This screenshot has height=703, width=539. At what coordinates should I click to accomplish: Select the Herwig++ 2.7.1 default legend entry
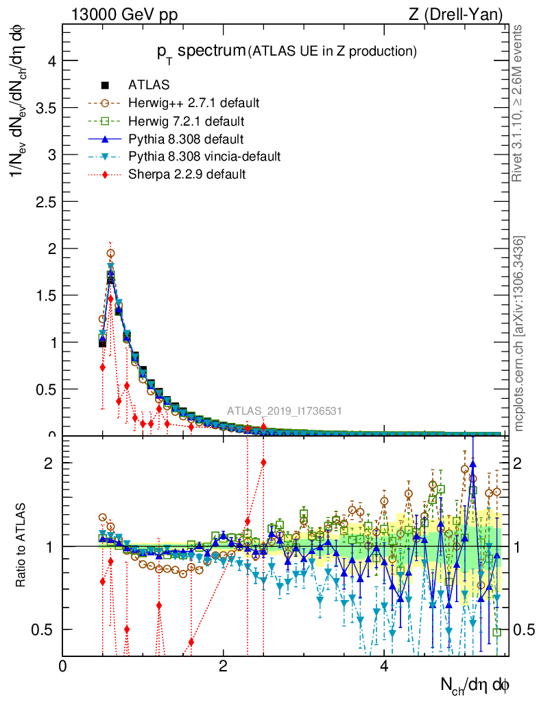point(193,103)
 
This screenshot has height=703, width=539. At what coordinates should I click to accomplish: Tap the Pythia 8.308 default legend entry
point(185,139)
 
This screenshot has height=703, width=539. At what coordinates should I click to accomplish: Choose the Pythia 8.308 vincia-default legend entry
point(204,157)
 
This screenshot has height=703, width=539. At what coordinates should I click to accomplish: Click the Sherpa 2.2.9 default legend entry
point(187,174)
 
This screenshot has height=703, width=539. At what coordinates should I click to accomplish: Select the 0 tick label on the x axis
point(63,667)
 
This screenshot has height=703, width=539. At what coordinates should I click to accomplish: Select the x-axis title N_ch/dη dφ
point(475,684)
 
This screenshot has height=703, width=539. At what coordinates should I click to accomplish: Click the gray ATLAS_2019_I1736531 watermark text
point(285,411)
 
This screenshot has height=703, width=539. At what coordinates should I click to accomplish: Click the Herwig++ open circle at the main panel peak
point(110,253)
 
